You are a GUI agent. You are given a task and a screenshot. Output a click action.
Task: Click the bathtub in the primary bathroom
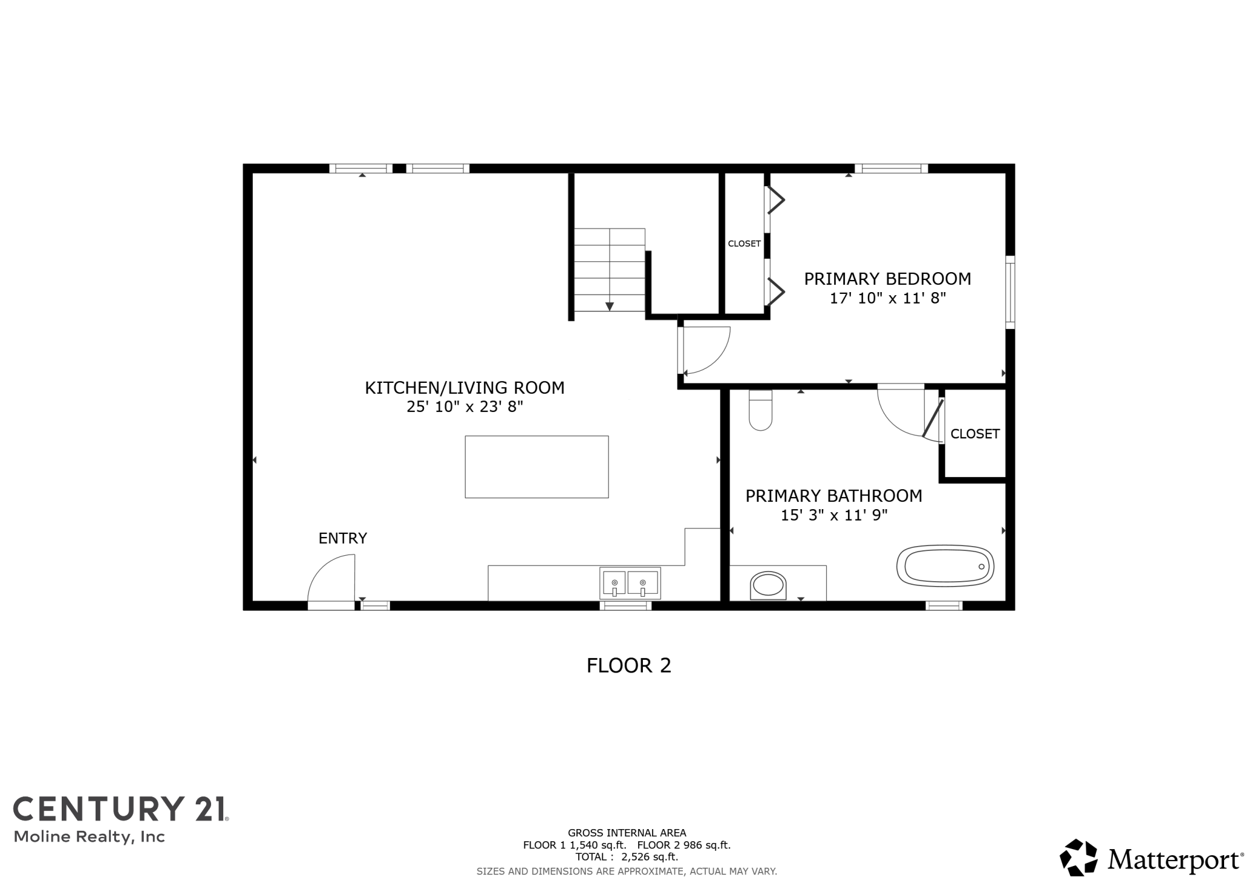point(945,566)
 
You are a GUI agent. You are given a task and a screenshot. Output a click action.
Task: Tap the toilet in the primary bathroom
point(760,410)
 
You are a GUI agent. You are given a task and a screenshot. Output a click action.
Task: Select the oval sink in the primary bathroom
point(768,585)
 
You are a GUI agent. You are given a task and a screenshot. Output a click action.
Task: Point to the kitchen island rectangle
point(536,467)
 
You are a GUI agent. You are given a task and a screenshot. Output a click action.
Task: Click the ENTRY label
point(342,538)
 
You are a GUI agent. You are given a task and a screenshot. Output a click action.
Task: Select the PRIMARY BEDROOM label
point(887,279)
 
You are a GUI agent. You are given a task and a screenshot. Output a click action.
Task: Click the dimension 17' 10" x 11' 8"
point(887,298)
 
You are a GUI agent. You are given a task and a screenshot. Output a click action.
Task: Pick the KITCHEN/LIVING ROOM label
point(464,388)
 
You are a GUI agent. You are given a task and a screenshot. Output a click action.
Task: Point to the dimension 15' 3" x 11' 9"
point(834,515)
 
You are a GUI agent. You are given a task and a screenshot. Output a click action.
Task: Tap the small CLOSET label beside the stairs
point(744,244)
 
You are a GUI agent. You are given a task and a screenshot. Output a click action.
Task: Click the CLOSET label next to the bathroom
point(975,434)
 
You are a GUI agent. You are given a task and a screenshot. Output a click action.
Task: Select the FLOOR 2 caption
point(629,666)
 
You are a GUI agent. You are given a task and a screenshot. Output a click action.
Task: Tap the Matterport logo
point(1152,858)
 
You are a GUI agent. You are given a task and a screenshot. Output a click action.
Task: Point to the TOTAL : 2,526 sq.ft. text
point(627,857)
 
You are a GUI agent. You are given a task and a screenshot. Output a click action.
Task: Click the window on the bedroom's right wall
point(1010,292)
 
